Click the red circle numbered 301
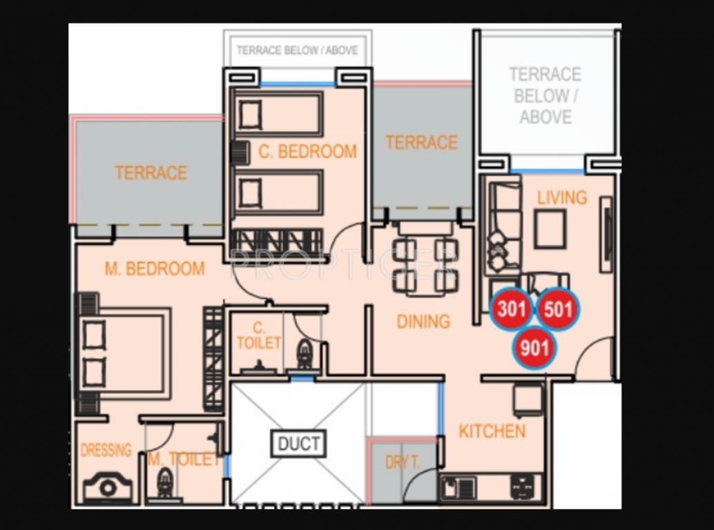[512, 309]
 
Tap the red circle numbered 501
[558, 309]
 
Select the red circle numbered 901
[534, 348]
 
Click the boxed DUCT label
[299, 443]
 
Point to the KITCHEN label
[492, 431]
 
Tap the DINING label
[423, 322]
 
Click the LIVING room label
[562, 197]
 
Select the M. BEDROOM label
[155, 269]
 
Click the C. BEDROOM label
[307, 152]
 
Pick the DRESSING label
[106, 451]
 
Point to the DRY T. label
[402, 462]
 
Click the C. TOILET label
[259, 335]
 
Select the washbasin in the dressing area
[108, 487]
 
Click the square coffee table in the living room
[550, 228]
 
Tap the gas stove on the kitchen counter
[522, 487]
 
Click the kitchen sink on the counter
[459, 488]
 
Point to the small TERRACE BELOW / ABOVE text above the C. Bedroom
[298, 50]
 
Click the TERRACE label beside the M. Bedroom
[151, 173]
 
